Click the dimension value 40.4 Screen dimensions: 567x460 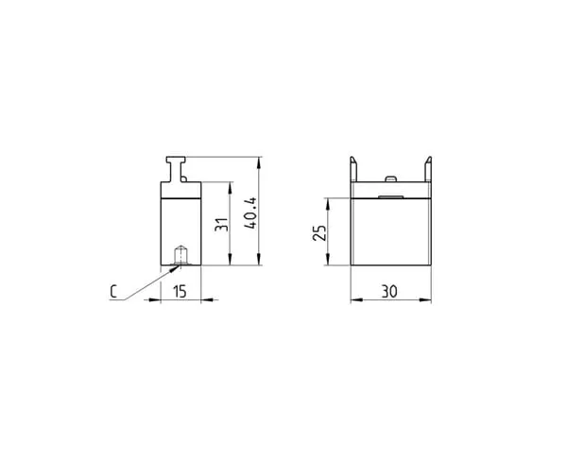click(250, 213)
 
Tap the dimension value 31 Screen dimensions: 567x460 click(221, 225)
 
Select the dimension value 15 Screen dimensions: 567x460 click(180, 291)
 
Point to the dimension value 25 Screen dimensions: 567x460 click(319, 233)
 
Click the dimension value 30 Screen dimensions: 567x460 click(389, 291)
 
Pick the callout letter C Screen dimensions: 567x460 click(113, 292)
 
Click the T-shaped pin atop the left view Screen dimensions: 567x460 click(176, 169)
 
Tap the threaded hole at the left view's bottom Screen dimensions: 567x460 click(180, 255)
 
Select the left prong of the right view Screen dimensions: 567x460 click(353, 169)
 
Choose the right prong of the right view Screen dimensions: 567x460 click(428, 169)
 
